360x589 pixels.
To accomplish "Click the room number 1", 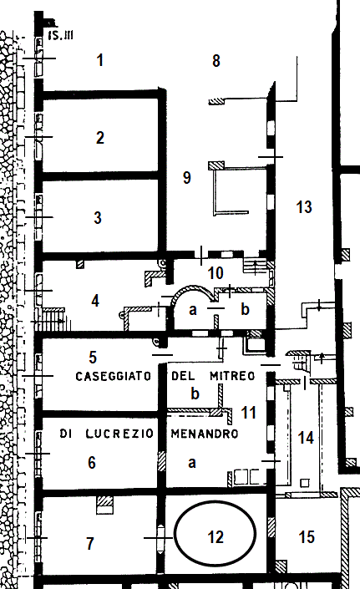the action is (100, 60).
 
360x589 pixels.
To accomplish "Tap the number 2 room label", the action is (100, 138).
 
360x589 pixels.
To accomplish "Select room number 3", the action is (98, 217).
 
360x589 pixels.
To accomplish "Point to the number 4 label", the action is (95, 301).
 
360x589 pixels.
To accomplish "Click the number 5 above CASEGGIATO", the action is (93, 358).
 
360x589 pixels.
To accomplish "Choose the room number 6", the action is (92, 462).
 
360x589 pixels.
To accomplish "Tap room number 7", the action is (90, 543).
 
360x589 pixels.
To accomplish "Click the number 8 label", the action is (215, 61).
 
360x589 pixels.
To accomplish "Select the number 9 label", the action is (186, 177).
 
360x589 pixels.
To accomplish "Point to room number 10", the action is (215, 273).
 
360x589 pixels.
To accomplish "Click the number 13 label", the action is (304, 207).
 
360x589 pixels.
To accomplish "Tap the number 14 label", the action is (306, 438).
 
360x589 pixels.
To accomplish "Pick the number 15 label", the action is (307, 537).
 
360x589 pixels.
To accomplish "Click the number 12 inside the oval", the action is (215, 537).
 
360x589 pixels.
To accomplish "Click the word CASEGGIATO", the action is (114, 376).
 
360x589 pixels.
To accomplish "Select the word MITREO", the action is (232, 376).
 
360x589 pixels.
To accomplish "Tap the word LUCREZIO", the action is (119, 434).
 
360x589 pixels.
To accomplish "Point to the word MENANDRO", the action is (205, 434).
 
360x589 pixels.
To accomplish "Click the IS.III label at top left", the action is (60, 36).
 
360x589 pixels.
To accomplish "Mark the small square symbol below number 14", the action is (305, 483).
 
